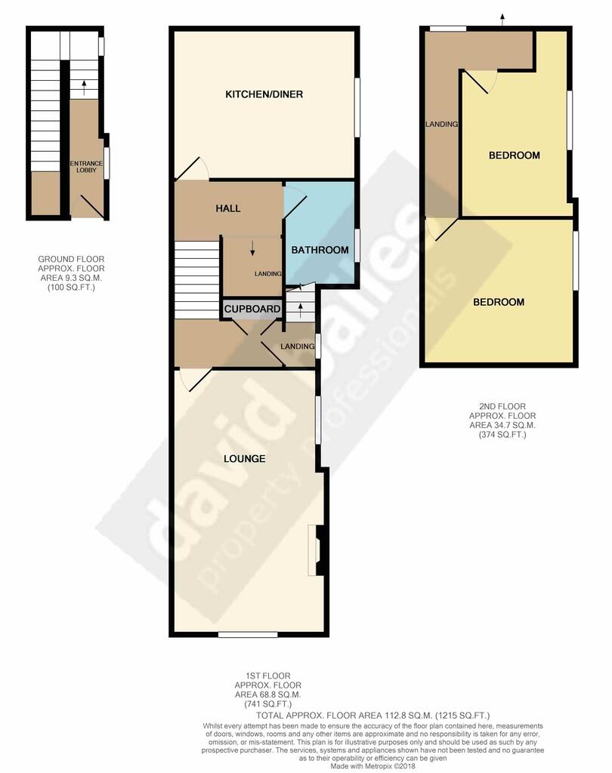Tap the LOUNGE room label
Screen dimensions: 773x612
click(244, 458)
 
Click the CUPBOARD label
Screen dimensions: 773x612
click(251, 310)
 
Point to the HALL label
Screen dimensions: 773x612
click(227, 208)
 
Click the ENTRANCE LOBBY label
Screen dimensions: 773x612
click(85, 168)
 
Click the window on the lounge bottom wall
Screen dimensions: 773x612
click(246, 634)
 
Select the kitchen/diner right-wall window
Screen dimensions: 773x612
click(357, 106)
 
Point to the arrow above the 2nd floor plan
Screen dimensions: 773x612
click(502, 18)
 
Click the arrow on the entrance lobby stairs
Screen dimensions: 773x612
click(84, 85)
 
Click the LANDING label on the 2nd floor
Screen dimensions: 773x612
click(442, 125)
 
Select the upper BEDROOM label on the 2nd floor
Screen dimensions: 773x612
click(514, 156)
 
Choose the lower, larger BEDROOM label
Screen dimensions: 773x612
click(499, 302)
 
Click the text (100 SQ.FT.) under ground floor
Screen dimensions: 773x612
click(71, 287)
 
